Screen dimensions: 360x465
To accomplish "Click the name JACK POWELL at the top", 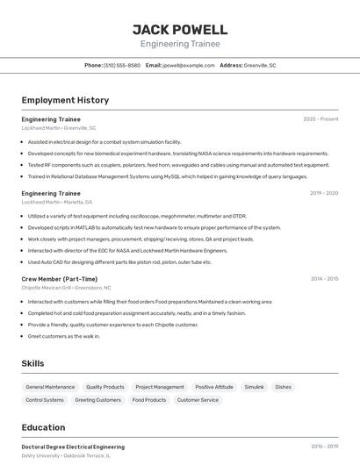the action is click(x=180, y=30).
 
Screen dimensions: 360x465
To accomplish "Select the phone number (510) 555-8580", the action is click(x=122, y=65).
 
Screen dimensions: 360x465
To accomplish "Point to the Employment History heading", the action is click(x=65, y=100).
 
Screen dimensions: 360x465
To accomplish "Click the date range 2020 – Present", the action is click(x=320, y=118).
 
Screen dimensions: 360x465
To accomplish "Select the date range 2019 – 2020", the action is click(x=324, y=193).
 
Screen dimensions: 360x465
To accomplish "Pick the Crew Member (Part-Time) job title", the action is click(x=60, y=279).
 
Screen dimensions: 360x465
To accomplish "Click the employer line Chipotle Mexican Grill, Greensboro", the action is click(x=66, y=288).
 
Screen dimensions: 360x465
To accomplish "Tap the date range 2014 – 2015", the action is click(x=324, y=279).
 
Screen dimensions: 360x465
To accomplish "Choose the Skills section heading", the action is click(x=32, y=363).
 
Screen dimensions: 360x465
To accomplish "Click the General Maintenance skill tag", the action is click(x=50, y=387).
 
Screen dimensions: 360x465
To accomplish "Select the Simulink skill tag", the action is click(x=254, y=387).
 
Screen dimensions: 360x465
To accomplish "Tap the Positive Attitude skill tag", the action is click(x=214, y=387).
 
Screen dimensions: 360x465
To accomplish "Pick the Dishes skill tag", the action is click(x=283, y=387).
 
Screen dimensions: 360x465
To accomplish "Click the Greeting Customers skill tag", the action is click(x=97, y=400).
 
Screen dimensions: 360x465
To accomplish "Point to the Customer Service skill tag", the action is click(x=198, y=400).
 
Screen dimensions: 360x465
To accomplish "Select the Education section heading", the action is click(x=43, y=427).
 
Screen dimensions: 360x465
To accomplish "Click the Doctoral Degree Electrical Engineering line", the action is click(x=73, y=447).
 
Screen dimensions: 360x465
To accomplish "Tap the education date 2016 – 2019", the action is click(x=324, y=447).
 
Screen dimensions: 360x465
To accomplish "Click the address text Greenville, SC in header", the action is click(x=260, y=65).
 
